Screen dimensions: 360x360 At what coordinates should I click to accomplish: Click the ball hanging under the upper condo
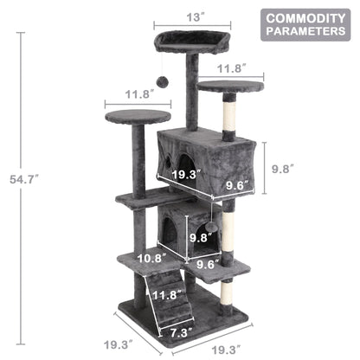[210, 227]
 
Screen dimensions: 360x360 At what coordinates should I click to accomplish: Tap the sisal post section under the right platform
[229, 117]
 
